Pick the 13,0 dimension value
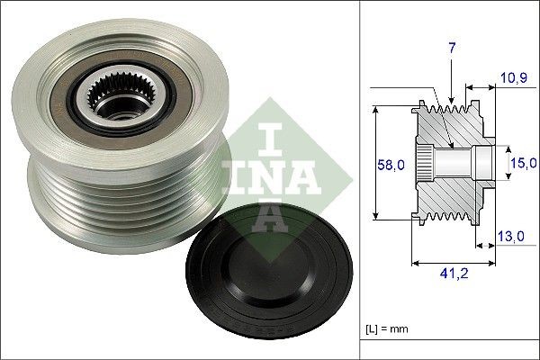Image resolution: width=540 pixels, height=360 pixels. [511, 237]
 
